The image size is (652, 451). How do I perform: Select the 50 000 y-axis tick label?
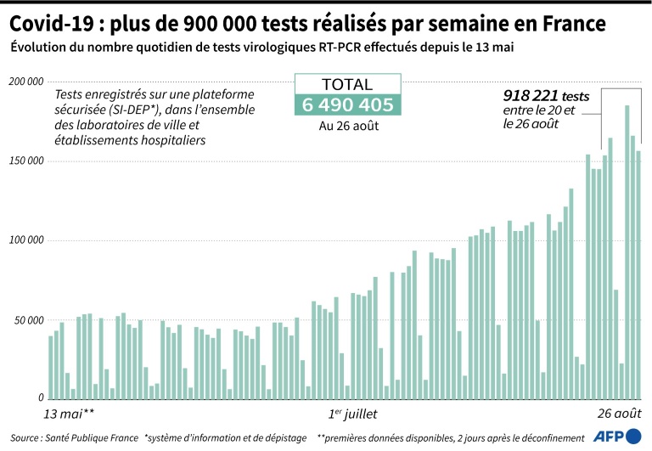(x=27, y=321)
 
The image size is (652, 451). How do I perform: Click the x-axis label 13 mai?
(x=69, y=414)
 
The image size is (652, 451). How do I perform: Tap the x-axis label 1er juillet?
(x=353, y=414)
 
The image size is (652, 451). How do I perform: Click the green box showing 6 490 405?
(x=345, y=105)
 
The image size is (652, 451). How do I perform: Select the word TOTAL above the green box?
(x=345, y=84)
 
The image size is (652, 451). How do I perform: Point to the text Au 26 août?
(x=345, y=126)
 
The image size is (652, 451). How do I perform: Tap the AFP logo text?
(x=607, y=437)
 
